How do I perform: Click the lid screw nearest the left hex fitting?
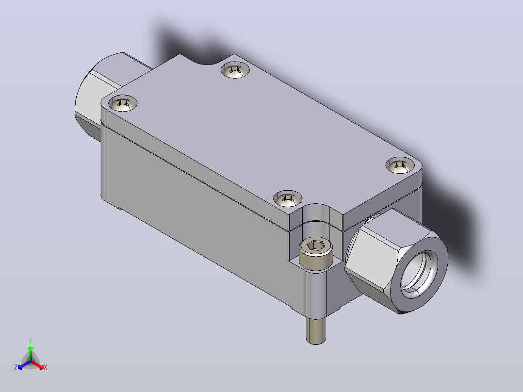(x=123, y=103)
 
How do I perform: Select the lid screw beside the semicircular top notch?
(x=235, y=70)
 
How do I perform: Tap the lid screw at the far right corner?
(x=400, y=165)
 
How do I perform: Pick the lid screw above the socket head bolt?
(x=288, y=198)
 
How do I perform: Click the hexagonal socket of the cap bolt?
(x=315, y=246)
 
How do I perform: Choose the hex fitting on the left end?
(x=100, y=94)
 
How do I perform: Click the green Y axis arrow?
(x=31, y=353)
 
